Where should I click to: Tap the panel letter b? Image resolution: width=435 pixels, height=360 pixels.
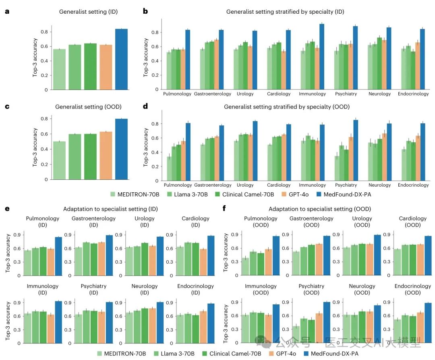click(145, 11)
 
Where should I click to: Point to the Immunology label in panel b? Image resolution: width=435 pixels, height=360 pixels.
click(312, 94)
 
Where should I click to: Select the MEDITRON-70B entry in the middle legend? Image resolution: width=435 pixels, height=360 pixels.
click(133, 194)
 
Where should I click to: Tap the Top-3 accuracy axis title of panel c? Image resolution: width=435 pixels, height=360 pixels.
click(35, 148)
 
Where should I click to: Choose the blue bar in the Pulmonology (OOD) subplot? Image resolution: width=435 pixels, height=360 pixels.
click(276, 256)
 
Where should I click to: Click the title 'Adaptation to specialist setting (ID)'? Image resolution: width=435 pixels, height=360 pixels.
click(110, 209)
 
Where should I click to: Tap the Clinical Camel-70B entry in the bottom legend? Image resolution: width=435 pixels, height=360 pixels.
click(235, 354)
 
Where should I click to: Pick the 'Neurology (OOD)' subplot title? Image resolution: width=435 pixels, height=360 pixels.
click(362, 289)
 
